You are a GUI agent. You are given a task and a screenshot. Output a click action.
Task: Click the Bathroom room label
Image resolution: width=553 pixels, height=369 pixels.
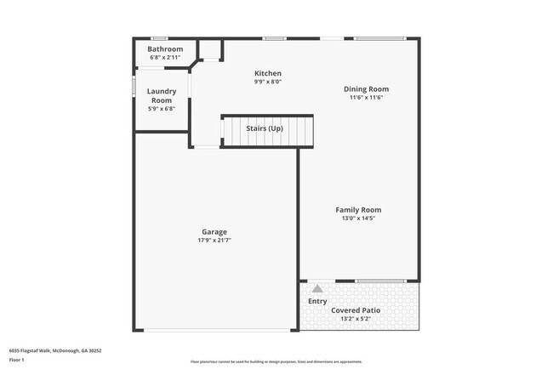(x=165, y=49)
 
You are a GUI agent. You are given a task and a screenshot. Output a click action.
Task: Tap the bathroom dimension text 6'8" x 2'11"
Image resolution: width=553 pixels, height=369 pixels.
(x=165, y=57)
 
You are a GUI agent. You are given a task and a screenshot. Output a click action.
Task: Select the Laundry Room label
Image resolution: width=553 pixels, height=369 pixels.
(x=162, y=95)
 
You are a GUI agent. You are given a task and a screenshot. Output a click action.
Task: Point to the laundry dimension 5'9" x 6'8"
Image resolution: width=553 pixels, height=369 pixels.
(x=162, y=108)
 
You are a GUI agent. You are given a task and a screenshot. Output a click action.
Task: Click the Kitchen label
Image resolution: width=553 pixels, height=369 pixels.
(x=267, y=74)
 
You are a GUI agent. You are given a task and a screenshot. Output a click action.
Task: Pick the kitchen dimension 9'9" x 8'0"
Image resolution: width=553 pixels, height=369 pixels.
(x=267, y=82)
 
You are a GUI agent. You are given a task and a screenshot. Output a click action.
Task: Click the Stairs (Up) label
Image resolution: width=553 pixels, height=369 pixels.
(x=264, y=128)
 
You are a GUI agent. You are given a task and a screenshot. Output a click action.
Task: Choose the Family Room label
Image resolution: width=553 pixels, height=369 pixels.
(x=357, y=209)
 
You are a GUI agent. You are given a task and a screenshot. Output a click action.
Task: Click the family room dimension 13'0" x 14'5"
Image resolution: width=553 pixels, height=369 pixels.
(x=357, y=218)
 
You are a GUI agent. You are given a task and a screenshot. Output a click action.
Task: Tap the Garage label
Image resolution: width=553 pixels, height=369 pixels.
(x=214, y=231)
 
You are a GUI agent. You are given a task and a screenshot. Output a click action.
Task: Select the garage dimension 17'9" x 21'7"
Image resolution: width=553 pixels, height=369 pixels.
(x=214, y=240)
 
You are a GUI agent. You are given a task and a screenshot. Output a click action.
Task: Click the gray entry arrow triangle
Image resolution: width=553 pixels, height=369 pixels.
(x=317, y=289)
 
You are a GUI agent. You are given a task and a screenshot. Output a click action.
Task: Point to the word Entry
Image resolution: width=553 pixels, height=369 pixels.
(x=317, y=301)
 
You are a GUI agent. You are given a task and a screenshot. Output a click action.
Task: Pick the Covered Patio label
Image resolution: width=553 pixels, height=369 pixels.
(x=355, y=310)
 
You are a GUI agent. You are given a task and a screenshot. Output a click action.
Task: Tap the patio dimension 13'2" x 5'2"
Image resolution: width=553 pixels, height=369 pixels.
(x=355, y=319)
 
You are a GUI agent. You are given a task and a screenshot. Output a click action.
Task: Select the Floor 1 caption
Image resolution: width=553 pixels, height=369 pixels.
(x=18, y=360)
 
